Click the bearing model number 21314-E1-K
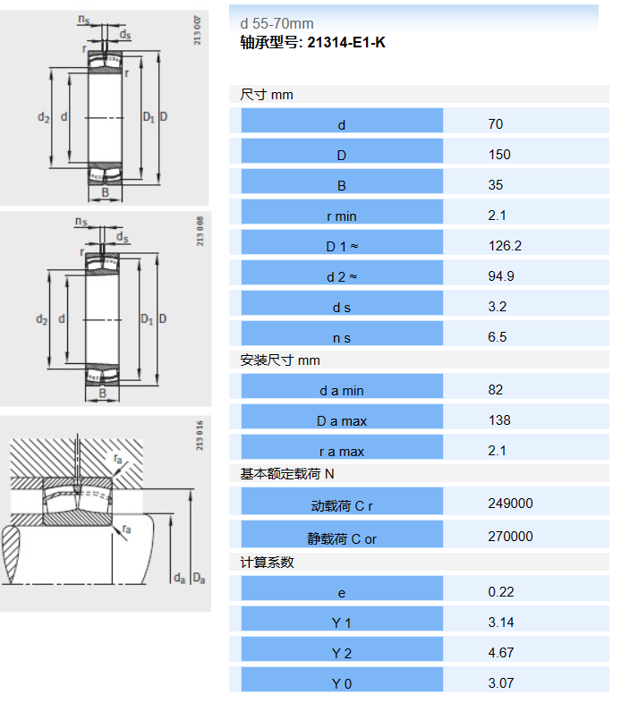[x=346, y=43]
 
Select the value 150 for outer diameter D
[x=499, y=155]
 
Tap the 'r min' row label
[x=342, y=216]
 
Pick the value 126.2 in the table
[x=505, y=246]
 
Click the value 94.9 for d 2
[x=501, y=276]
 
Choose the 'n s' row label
[x=342, y=338]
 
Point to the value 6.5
[x=498, y=337]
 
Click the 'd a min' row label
[x=342, y=391]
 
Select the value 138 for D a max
[x=499, y=420]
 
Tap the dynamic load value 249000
[x=510, y=504]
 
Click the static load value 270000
[x=510, y=537]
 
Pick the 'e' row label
[x=342, y=594]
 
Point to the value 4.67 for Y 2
[x=501, y=653]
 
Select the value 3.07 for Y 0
[x=501, y=683]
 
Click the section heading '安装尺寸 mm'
[x=280, y=360]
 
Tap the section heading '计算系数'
[x=267, y=563]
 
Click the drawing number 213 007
[x=198, y=30]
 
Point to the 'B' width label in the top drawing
[x=105, y=192]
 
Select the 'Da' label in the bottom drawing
[x=199, y=579]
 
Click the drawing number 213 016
[x=200, y=436]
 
